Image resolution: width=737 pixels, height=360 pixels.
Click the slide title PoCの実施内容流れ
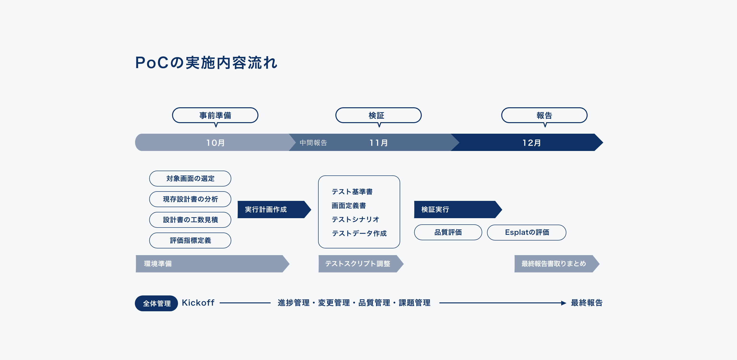point(206,62)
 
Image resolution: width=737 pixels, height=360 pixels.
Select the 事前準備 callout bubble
point(215,116)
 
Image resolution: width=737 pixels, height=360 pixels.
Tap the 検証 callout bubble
point(378,116)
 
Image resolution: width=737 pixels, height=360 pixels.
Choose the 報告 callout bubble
point(544,116)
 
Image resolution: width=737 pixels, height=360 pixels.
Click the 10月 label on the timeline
point(215,143)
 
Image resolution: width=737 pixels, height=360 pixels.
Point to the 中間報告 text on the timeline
point(313,143)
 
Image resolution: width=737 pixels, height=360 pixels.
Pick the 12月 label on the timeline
point(532,143)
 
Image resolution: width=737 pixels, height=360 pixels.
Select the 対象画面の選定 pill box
point(190,179)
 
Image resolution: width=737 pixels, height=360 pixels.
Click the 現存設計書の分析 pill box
point(190,199)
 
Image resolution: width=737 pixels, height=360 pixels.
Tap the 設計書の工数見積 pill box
point(190,220)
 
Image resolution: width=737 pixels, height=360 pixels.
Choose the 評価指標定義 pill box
point(190,240)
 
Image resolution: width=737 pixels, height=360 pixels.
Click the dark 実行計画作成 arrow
point(274,210)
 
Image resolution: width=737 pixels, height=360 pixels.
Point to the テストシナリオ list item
point(355,220)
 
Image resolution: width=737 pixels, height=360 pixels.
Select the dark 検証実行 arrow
point(458,210)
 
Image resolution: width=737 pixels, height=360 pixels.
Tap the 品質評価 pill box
point(448,232)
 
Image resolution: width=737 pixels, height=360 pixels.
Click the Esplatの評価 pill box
point(526,232)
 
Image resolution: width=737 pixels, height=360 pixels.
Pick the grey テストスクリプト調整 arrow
point(361,264)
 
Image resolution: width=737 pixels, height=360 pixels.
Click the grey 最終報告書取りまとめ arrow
point(557,264)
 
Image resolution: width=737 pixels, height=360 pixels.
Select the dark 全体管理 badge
point(156,303)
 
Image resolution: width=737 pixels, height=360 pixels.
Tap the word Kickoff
point(198,303)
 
